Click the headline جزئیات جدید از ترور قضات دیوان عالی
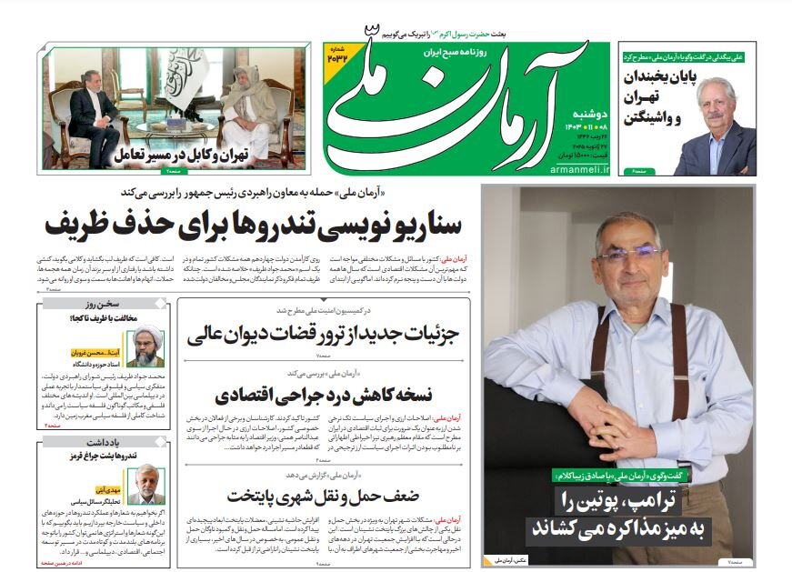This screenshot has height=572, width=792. [323, 336]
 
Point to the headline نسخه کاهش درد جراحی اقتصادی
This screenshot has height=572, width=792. [323, 396]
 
